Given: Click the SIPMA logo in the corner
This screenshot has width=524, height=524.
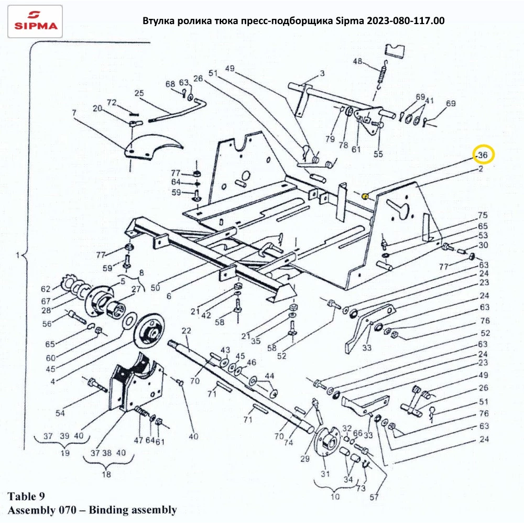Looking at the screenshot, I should click(36, 21).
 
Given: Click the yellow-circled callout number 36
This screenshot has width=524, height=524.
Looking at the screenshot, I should click(483, 155).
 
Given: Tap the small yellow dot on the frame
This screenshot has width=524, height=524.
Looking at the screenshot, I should click(366, 196).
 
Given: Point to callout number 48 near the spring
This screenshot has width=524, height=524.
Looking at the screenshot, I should click(357, 62).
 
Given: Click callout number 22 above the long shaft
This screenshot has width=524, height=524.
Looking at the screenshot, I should click(185, 331).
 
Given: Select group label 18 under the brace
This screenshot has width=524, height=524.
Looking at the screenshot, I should click(106, 475).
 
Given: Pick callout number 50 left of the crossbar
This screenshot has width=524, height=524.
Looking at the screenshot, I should click(157, 288).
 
